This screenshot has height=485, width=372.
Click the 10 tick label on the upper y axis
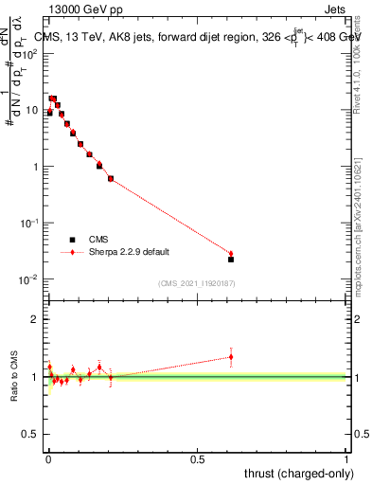click(x=33, y=110)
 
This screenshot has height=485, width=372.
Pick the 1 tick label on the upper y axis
click(x=37, y=167)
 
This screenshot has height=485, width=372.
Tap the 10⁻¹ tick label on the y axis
click(x=31, y=223)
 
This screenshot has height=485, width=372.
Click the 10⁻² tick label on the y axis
click(x=31, y=279)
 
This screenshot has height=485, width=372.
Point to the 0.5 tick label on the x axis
click(x=197, y=459)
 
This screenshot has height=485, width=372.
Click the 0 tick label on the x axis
click(x=47, y=459)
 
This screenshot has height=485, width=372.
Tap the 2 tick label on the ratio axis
click(x=37, y=319)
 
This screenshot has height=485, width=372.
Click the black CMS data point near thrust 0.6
click(x=231, y=259)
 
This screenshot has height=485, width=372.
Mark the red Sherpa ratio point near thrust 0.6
click(x=231, y=357)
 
